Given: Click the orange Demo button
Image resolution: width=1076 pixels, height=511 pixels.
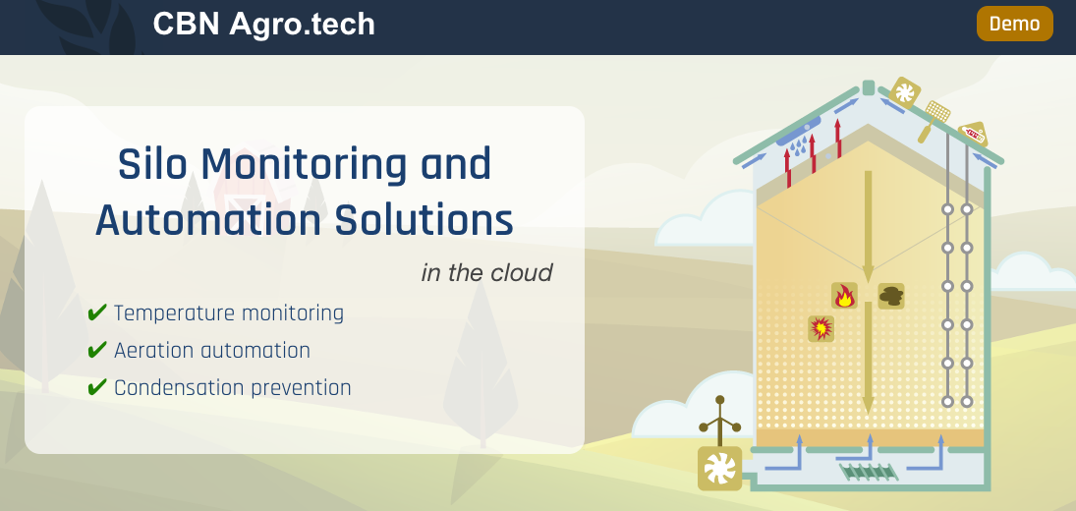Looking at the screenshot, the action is point(1014,24).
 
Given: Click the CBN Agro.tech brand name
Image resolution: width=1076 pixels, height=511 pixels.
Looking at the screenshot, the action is point(263,24).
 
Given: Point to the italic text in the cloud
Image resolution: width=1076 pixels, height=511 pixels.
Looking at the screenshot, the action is point(486,272).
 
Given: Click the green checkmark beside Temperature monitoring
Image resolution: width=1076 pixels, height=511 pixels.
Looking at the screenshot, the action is point(97,312).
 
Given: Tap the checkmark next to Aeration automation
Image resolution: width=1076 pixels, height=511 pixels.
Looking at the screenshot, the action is point(97,351).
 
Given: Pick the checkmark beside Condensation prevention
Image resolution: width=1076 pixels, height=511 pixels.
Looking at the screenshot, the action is point(97,387).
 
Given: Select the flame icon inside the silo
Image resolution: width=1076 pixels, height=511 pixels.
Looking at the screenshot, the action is point(844,296).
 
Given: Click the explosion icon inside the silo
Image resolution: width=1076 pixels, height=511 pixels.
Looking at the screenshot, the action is point(821,328).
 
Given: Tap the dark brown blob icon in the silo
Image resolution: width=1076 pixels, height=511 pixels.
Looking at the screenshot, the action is point(890,296).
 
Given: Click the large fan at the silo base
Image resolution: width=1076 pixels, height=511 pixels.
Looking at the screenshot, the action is point(720,469).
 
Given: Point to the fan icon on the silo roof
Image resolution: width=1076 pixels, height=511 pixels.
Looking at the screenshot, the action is point(904,92).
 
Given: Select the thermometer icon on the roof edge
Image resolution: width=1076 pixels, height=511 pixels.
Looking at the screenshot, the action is point(973,134).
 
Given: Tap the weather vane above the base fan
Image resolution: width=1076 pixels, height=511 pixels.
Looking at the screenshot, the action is point(720,420).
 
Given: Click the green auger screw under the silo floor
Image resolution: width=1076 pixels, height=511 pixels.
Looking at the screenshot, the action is point(868,472).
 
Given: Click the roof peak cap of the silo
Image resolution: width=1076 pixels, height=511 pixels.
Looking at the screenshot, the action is point(868,87).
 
